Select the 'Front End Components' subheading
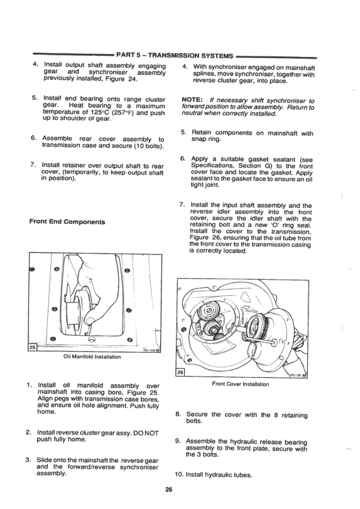coord(67,222)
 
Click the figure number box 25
coord(33,346)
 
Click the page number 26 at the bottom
coord(177,490)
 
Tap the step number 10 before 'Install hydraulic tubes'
coord(180,474)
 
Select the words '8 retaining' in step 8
coord(286,415)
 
